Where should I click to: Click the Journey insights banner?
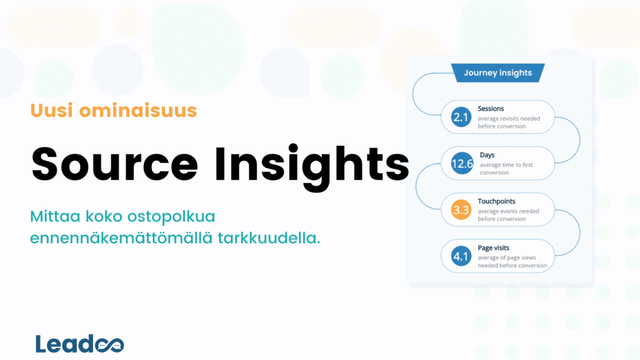point(497,73)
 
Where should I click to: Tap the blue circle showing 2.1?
point(461,117)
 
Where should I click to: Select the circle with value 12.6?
point(461,164)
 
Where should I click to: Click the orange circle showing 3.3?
point(461,211)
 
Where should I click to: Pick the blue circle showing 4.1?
point(461,256)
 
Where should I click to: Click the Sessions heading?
point(491,109)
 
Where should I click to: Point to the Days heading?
point(487,155)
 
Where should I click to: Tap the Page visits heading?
point(493,248)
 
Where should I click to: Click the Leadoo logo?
point(79,344)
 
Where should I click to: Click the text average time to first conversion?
point(506,169)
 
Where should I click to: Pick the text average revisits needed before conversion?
point(508,122)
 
